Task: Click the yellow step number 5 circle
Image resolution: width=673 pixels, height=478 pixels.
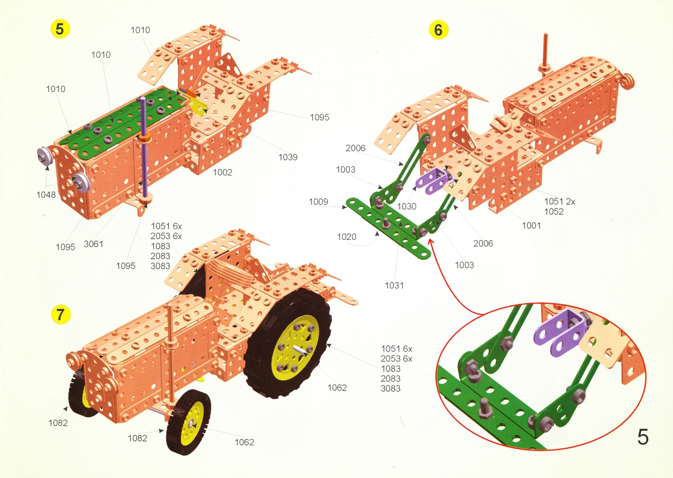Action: tap(60, 29)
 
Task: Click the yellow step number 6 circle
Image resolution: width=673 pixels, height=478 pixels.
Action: tap(439, 30)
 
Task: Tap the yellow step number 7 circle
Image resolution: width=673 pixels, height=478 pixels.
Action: tap(61, 314)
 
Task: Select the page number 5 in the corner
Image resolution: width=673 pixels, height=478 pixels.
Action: tap(643, 437)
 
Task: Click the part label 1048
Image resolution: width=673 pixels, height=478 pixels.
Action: tap(46, 195)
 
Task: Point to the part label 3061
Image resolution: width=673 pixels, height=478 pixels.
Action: tap(94, 244)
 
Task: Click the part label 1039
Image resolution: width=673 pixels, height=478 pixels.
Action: tap(288, 157)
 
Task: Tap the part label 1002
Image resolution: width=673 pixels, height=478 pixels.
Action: tap(222, 173)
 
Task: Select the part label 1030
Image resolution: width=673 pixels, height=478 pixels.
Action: tap(407, 206)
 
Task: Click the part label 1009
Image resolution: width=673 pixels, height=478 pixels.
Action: tap(319, 202)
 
